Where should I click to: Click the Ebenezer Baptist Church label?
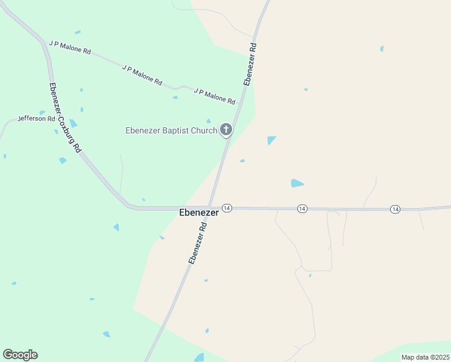coord(171,130)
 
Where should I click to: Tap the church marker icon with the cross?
coord(226,129)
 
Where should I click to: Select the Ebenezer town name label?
coord(198,213)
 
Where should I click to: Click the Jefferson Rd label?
coord(36,119)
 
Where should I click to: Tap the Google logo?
coord(20,355)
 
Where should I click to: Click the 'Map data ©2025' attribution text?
coord(425,357)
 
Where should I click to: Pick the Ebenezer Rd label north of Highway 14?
coord(250,63)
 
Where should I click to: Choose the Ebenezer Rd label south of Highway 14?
coord(198,243)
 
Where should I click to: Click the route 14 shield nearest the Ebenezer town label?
coord(227,208)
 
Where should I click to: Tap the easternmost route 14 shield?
coord(395,209)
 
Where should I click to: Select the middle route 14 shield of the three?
coord(302,208)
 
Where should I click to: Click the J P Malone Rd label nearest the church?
coord(215,95)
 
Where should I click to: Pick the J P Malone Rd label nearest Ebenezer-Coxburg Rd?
coord(70,48)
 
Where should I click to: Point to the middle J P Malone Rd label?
coord(142,74)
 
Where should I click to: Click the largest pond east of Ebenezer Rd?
coord(297,183)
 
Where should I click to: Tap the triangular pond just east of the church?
coord(271,140)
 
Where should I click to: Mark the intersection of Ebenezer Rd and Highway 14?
coord(210,208)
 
